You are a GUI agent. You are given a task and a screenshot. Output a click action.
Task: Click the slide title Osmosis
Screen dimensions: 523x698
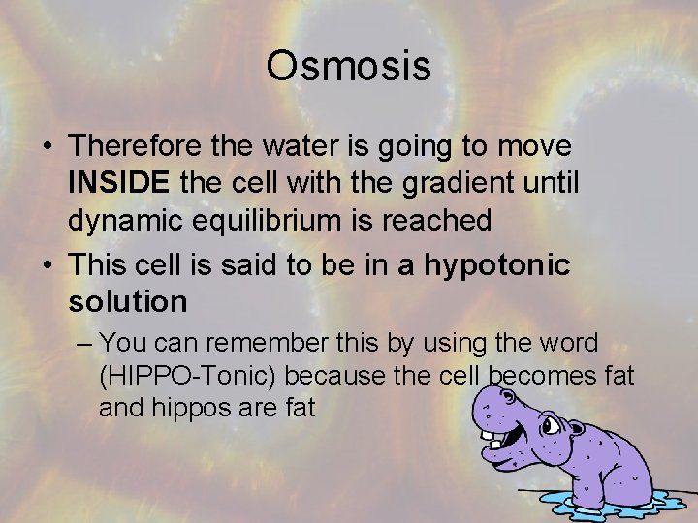[349, 67]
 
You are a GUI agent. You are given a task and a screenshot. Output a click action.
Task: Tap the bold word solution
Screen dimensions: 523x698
[127, 302]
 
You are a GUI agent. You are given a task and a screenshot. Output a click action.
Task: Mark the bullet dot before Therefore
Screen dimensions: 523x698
[47, 147]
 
